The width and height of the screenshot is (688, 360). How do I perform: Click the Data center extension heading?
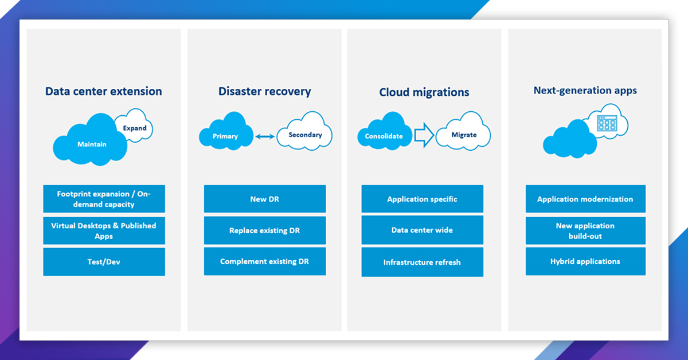coord(103,91)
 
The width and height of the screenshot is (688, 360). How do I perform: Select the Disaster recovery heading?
coord(264,91)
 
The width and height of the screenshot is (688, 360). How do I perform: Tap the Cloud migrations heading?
coord(424,92)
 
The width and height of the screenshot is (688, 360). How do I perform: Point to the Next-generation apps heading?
coord(585,90)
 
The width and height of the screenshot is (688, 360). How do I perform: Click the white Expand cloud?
coord(135,128)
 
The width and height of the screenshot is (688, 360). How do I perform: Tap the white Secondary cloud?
coord(305,135)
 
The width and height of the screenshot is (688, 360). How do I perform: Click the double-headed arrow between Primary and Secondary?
coord(264,136)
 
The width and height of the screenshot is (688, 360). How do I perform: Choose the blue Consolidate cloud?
coord(384,136)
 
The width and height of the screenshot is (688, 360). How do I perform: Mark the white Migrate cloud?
coord(463,135)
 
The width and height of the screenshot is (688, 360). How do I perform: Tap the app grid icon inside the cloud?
coord(607,123)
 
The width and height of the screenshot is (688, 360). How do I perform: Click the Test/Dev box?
coord(104,262)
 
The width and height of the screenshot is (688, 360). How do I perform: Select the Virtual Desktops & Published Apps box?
coord(104,230)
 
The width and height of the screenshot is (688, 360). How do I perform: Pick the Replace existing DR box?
coord(264,230)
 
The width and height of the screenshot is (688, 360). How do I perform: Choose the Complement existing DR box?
coord(264,261)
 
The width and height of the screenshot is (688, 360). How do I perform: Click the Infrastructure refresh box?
coord(422,263)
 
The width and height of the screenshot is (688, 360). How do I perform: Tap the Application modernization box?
coord(585,199)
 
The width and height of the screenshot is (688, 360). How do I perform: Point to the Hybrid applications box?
coord(585,261)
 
